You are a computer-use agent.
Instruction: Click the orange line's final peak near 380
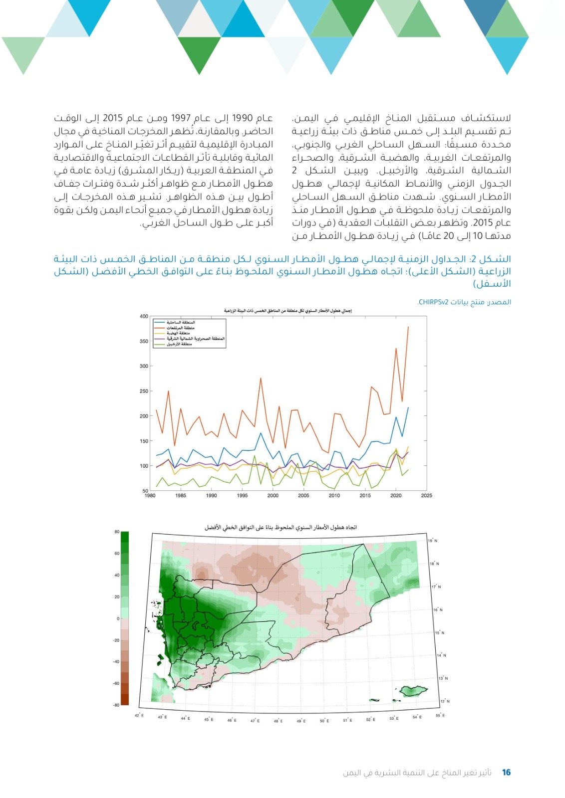point(408,327)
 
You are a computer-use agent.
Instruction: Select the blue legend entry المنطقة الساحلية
point(181,323)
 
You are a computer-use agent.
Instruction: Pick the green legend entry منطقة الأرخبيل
point(179,344)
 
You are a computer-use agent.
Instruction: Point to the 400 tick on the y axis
point(144,316)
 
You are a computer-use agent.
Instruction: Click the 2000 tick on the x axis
point(273,496)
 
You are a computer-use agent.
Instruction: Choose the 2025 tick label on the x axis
point(426,496)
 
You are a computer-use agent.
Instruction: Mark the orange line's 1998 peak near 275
point(261,378)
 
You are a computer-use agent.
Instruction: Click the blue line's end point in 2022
point(408,407)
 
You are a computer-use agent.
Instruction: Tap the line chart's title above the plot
point(288,311)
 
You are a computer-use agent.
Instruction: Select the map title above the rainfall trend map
point(281,527)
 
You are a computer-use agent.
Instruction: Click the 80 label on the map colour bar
point(117,532)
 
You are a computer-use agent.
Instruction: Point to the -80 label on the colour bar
point(116,705)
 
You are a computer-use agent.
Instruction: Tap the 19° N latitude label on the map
point(432,541)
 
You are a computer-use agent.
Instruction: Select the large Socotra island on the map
point(413,691)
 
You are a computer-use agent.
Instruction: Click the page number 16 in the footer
point(506,773)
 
